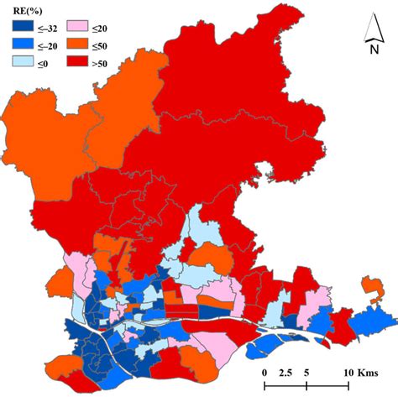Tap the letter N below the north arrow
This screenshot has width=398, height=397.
(373, 49)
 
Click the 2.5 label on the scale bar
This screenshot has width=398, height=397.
(285, 372)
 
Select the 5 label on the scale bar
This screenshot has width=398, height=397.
(307, 372)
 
